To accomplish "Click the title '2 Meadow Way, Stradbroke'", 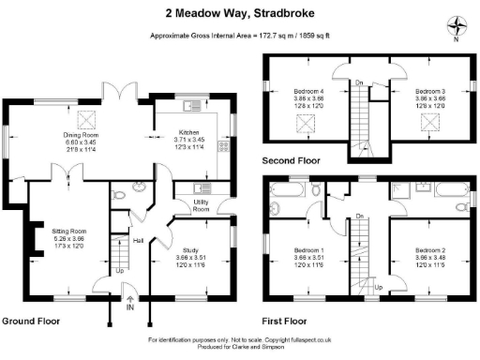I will click(240, 13).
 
